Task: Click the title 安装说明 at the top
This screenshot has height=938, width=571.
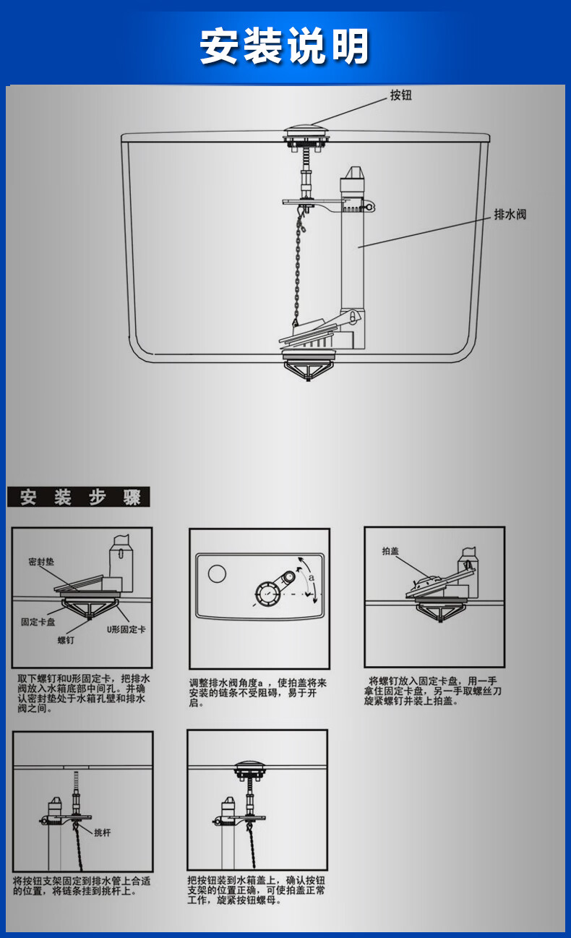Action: (285, 46)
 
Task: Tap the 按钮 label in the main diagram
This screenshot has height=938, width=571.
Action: (400, 95)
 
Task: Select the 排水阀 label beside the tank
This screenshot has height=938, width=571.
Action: (510, 215)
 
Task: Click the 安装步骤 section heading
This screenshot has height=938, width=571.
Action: (79, 498)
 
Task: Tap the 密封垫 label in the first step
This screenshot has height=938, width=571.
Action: (41, 561)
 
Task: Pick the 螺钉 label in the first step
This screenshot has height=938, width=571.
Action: (66, 639)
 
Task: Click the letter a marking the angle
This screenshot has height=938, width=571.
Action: (312, 578)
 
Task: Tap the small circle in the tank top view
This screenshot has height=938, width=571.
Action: (217, 574)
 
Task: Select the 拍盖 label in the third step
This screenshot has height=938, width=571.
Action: (390, 551)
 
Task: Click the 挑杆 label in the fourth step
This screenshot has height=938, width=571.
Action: (103, 832)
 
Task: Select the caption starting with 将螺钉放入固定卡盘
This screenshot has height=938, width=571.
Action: (434, 691)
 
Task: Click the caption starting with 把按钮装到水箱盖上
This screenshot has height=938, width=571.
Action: (256, 890)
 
